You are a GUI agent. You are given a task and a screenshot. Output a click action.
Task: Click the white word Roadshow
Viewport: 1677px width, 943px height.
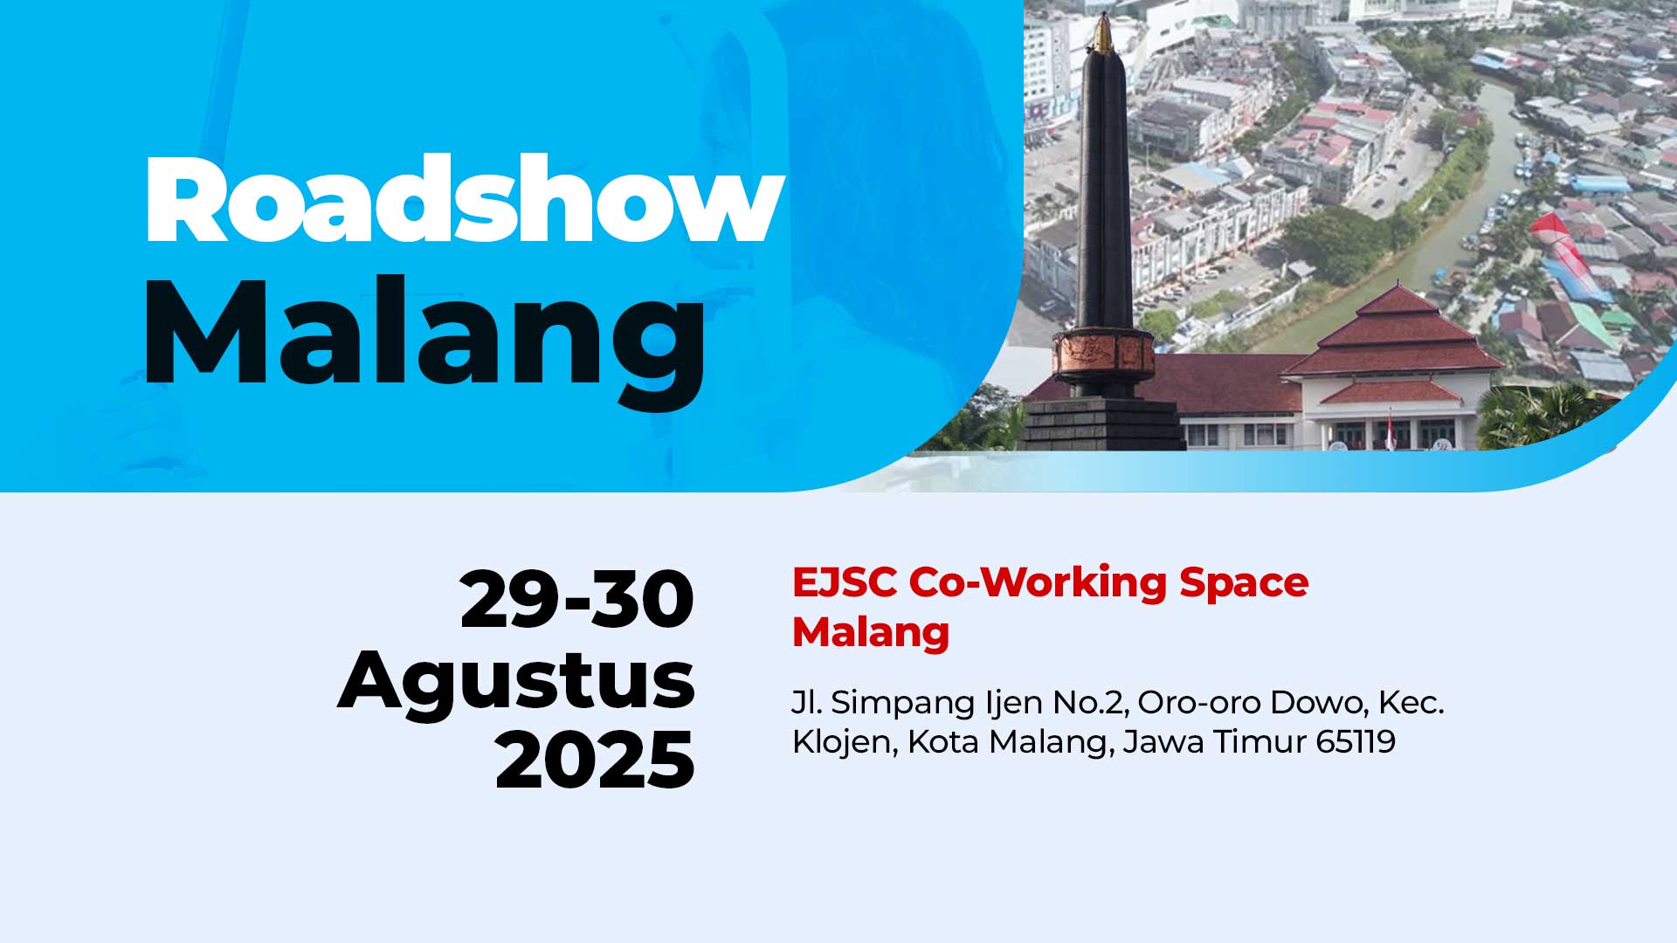coord(465,199)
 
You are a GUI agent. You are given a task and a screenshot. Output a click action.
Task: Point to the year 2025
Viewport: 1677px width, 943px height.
coord(595,760)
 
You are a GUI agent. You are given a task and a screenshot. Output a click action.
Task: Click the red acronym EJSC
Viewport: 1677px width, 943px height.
coord(845,582)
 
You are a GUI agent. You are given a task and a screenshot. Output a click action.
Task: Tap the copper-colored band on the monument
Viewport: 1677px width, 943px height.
coord(1103,351)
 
